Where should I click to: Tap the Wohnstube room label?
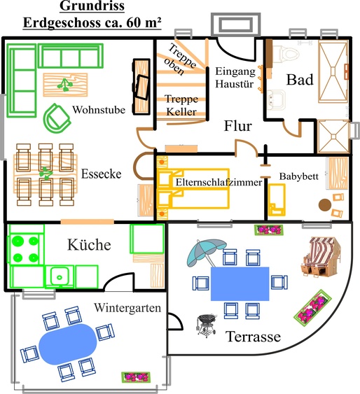[97, 110]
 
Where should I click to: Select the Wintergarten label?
[128, 307]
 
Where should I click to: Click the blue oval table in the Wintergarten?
[68, 344]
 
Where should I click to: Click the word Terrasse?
[253, 337]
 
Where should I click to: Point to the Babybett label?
[299, 176]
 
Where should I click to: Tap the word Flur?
[237, 127]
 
